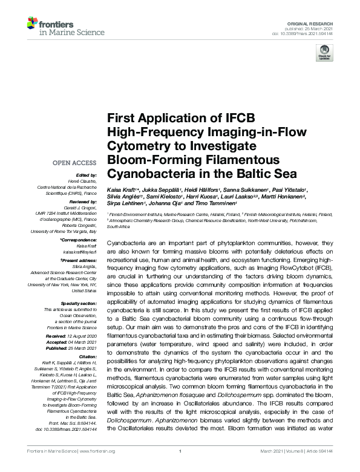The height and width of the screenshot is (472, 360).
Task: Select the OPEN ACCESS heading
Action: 74,163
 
